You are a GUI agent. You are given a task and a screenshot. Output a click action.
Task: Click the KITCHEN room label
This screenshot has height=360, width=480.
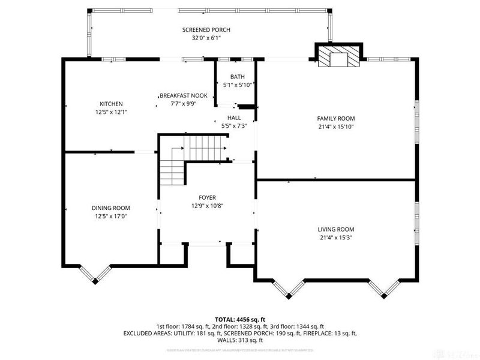point(111,103)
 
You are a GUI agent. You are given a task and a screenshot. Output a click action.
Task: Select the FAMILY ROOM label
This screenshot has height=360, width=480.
point(336,118)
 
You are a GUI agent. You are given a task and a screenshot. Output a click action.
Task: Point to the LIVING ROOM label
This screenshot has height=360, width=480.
point(336,229)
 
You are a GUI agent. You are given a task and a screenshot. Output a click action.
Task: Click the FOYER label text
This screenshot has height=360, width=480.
point(208,197)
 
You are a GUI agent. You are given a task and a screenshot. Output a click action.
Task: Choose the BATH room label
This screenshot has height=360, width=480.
point(238,77)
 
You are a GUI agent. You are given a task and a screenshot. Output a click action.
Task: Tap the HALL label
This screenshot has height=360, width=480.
point(234,118)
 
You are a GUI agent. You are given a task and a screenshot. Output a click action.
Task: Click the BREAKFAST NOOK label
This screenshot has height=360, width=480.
point(183,95)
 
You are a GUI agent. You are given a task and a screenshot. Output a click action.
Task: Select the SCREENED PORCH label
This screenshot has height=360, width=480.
point(206,30)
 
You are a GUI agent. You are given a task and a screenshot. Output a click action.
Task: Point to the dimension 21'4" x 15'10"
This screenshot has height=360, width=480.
point(336,126)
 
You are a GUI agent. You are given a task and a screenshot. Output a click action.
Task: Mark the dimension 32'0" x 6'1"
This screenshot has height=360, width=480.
point(206,38)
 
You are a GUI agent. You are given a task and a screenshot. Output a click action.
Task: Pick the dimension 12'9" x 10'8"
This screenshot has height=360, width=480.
point(208,206)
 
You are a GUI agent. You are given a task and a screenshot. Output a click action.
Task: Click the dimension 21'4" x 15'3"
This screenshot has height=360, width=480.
point(336,238)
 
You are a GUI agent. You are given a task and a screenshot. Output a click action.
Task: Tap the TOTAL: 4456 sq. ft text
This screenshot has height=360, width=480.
point(240,319)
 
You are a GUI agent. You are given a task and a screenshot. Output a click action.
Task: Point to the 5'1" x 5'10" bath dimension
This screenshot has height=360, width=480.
point(238,85)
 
